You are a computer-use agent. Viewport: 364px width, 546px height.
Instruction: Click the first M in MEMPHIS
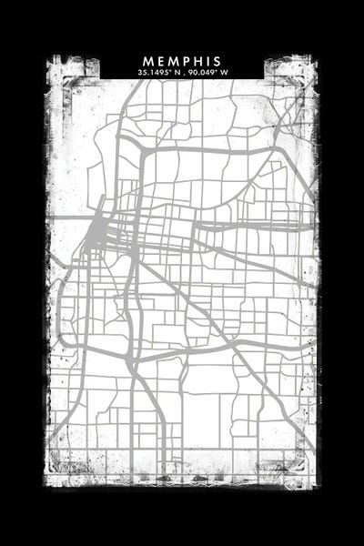tap(147, 61)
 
